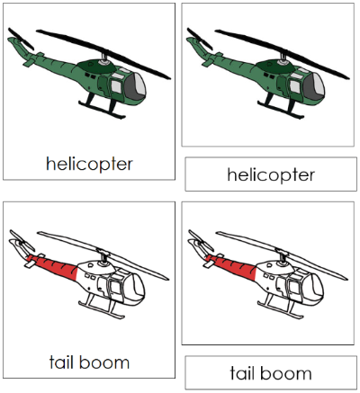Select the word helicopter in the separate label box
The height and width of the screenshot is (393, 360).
point(271,174)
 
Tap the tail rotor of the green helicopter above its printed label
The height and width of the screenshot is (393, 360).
point(20,40)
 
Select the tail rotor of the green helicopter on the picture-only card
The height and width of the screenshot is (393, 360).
point(199,40)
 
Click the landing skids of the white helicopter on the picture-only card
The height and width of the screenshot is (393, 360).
point(288,317)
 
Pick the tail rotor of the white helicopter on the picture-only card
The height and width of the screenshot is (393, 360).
point(198,241)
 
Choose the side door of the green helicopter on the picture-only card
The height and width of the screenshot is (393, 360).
point(292,85)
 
